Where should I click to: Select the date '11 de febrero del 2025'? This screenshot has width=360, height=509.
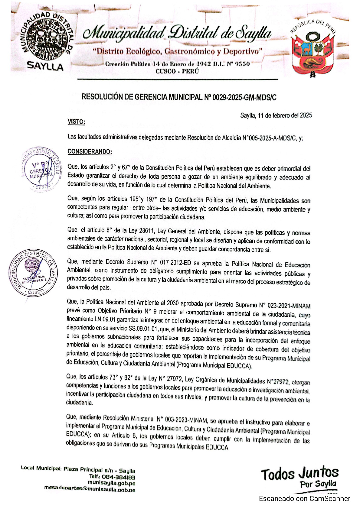coord(285,115)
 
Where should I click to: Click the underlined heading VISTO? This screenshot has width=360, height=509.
coord(76,122)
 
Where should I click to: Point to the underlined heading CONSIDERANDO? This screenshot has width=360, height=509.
coord(90,152)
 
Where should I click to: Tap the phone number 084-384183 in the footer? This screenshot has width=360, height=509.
coord(118,477)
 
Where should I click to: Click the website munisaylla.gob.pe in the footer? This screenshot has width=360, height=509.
coord(111,483)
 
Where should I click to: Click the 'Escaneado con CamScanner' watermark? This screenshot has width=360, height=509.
coord(304,498)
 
